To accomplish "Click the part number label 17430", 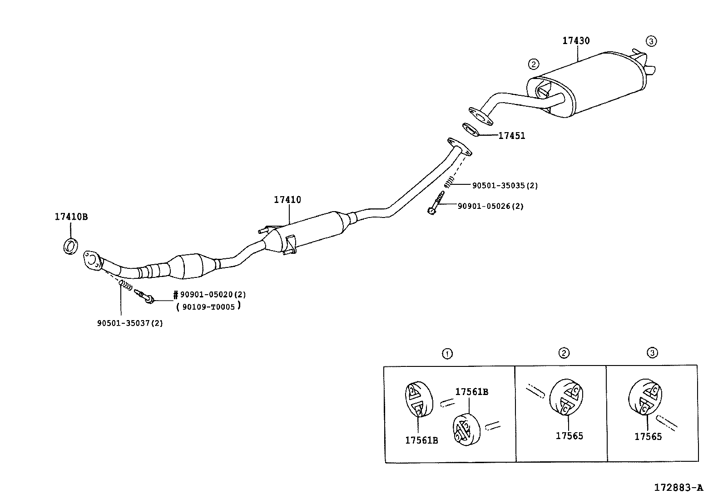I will click(576, 41).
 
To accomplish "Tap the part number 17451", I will click(512, 136).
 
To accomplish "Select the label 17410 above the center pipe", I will click(287, 200).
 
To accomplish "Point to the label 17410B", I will click(71, 217).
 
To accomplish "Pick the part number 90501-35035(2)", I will click(505, 186).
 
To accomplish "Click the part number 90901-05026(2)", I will click(490, 206).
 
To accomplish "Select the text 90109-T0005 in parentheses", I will click(209, 307).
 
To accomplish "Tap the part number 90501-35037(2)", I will click(130, 323).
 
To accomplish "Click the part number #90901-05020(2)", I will click(210, 295).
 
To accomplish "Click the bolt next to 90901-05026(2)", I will click(436, 203).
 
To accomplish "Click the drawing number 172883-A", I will click(678, 488).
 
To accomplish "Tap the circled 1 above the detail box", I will click(447, 353).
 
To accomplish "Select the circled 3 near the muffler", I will click(651, 41).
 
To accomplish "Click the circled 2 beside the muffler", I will click(534, 64).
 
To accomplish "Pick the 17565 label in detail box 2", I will click(569, 436).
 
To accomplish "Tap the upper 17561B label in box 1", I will click(472, 392).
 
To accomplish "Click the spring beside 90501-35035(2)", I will click(448, 183).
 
